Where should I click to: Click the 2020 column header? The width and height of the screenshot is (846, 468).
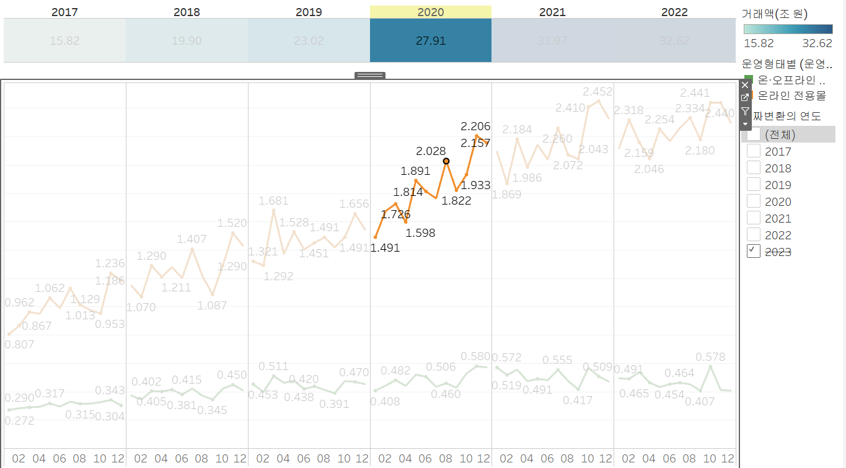(430, 12)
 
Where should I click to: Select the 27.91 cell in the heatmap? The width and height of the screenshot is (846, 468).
(430, 41)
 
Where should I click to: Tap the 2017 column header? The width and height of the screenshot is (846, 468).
(64, 12)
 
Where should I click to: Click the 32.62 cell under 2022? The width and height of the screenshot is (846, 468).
(674, 41)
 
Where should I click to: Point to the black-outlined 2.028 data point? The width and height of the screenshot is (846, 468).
(446, 161)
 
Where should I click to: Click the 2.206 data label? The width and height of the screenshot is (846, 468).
(475, 126)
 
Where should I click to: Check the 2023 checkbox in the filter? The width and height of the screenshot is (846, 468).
(754, 251)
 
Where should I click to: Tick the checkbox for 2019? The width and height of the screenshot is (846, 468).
(754, 184)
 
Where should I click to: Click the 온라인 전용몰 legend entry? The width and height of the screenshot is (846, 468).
(792, 95)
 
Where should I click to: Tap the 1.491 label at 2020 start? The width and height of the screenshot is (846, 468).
(385, 248)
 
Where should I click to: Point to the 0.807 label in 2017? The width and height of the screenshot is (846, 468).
(19, 345)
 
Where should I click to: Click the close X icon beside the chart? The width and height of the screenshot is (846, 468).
(745, 84)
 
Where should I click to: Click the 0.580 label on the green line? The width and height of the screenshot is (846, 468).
(475, 356)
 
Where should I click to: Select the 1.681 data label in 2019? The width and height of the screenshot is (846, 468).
(273, 201)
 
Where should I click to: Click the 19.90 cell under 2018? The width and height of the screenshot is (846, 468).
(187, 41)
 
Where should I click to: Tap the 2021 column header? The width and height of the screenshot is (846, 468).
(552, 12)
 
